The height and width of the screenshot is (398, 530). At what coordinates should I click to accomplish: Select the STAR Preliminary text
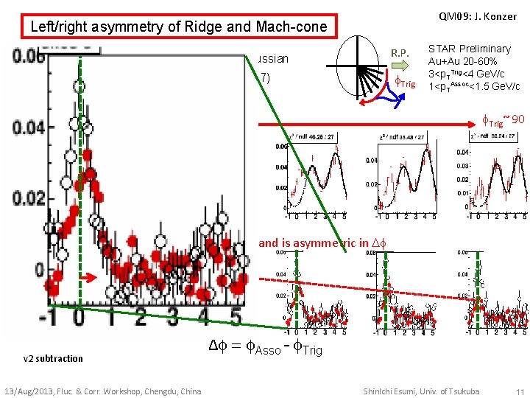click(x=470, y=49)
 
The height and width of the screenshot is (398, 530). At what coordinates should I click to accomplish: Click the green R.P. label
click(x=400, y=53)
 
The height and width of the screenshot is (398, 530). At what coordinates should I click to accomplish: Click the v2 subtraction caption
click(x=53, y=358)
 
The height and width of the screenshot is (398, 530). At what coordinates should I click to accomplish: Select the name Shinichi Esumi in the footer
click(x=395, y=391)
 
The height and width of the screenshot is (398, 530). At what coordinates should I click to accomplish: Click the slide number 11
click(x=520, y=391)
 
